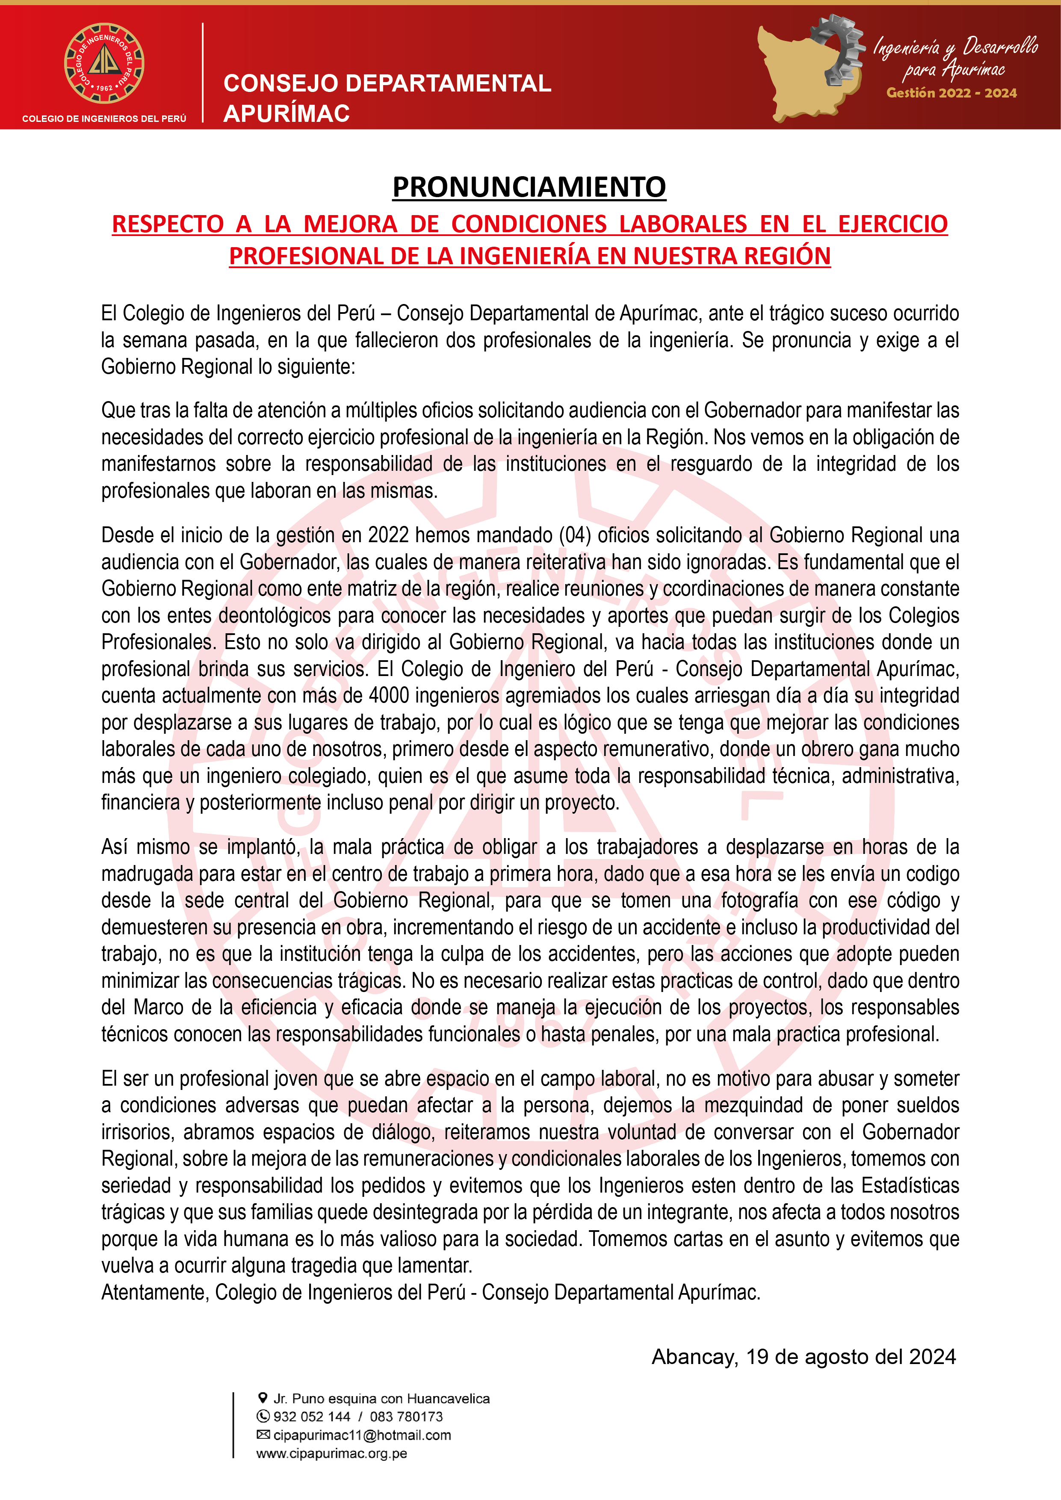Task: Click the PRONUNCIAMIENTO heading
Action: coord(529,187)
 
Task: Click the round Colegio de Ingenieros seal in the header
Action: coord(104,63)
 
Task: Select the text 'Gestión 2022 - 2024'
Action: coord(951,93)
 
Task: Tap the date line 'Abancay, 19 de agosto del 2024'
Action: coord(804,1356)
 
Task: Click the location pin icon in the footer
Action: coord(263,1398)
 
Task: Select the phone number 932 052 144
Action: coord(312,1416)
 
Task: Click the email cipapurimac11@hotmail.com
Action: coord(362,1435)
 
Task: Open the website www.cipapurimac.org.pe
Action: coord(331,1454)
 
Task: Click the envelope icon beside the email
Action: coord(263,1435)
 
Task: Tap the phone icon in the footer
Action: coord(263,1416)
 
